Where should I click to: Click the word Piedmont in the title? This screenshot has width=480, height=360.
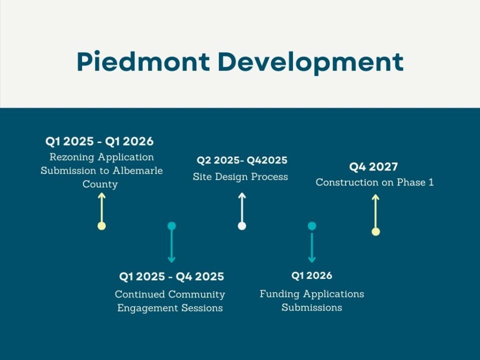(x=143, y=62)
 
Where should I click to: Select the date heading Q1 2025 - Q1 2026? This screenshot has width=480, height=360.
(x=99, y=141)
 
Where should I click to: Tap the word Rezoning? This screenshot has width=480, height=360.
(x=73, y=157)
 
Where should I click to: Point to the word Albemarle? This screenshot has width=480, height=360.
(x=137, y=170)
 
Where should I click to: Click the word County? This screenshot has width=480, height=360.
(x=100, y=184)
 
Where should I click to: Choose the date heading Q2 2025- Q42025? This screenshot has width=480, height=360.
(x=242, y=160)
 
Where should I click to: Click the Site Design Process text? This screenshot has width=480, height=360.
(x=240, y=176)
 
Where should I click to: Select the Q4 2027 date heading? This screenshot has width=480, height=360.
(x=373, y=167)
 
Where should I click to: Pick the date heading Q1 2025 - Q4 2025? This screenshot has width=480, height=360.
(x=171, y=276)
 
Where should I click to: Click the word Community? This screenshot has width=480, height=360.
(x=196, y=294)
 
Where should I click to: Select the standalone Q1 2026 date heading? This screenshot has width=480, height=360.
(x=311, y=275)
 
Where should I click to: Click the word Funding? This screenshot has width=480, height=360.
(x=280, y=294)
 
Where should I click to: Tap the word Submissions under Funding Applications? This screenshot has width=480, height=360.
(x=311, y=307)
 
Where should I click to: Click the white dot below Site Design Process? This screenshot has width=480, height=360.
(x=242, y=226)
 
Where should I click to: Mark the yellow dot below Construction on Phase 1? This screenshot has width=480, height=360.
(x=375, y=231)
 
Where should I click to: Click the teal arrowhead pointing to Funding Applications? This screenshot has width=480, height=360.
(x=311, y=259)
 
